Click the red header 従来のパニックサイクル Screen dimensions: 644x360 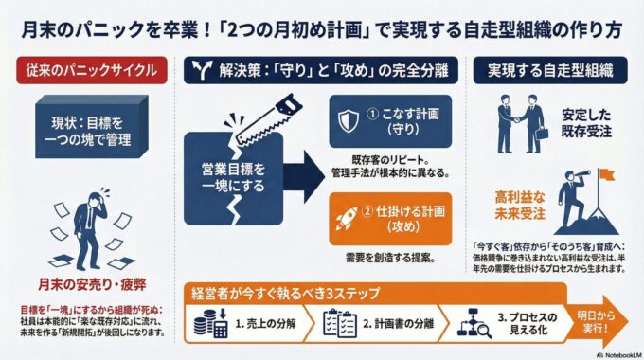(x=92, y=70)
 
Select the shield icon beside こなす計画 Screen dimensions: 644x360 (x=349, y=121)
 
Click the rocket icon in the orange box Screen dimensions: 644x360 (x=346, y=218)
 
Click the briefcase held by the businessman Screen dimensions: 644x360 (x=542, y=134)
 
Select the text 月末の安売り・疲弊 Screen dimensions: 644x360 (x=92, y=284)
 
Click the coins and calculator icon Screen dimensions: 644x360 (x=210, y=323)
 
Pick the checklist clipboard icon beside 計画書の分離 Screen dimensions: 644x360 (x=340, y=323)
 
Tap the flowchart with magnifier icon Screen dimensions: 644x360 (x=474, y=324)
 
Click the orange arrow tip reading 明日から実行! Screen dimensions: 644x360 (x=598, y=322)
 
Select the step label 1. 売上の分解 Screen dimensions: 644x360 (x=265, y=324)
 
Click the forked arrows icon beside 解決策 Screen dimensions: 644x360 (x=203, y=70)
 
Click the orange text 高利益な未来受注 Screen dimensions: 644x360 (x=520, y=205)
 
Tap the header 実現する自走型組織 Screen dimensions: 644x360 (x=550, y=70)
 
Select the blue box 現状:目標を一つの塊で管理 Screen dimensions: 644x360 (x=91, y=127)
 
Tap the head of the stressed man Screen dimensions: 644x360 (x=97, y=199)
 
